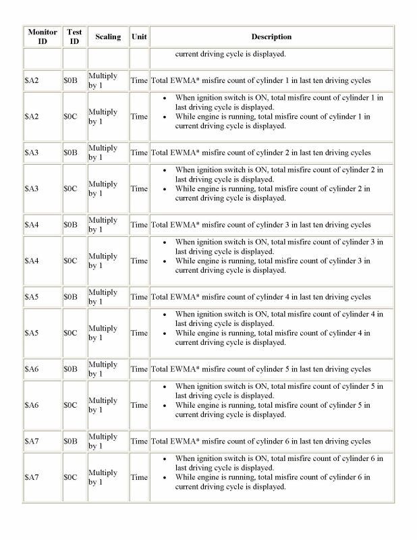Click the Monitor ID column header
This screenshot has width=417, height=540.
tap(43, 36)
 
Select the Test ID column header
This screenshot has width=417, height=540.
tap(74, 36)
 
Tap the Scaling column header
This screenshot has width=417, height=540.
tap(108, 36)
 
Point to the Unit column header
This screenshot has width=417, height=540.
tap(139, 36)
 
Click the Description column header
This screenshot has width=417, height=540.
tap(271, 36)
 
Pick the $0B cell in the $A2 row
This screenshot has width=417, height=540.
tap(71, 80)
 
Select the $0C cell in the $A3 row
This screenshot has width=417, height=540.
tap(71, 189)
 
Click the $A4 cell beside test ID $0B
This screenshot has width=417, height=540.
tap(32, 225)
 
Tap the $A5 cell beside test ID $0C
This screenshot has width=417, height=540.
tap(32, 333)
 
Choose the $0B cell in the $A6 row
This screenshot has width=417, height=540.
tap(71, 369)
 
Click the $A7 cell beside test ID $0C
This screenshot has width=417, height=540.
tap(32, 477)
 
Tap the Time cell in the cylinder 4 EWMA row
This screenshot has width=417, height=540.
tap(139, 297)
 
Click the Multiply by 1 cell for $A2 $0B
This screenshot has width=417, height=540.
tap(103, 80)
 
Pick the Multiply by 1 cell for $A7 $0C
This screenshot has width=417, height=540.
tap(103, 477)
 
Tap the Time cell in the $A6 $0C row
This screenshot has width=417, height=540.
tap(139, 405)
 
